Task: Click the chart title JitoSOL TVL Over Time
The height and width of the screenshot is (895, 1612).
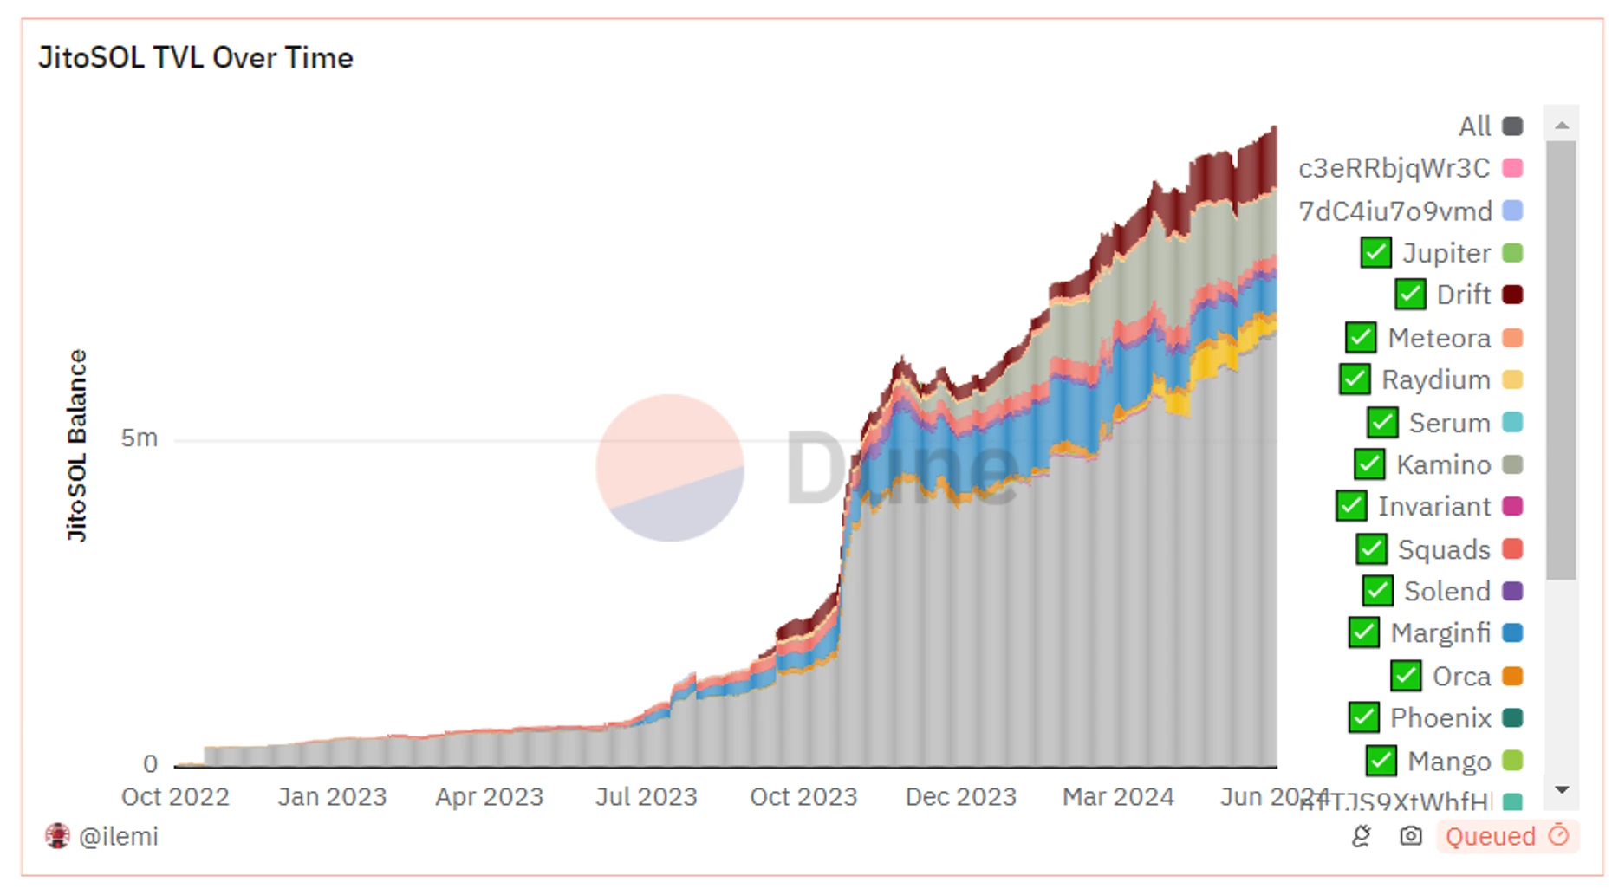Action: (x=196, y=58)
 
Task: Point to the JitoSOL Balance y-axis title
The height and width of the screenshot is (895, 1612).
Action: (x=77, y=445)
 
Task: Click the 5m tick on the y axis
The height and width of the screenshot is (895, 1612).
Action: (x=140, y=438)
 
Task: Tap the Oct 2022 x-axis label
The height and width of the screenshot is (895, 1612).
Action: (x=175, y=797)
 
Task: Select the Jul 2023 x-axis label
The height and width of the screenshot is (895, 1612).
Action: (x=647, y=797)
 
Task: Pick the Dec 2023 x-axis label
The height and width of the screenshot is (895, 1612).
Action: (x=960, y=797)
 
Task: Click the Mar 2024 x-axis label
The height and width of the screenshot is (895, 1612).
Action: (x=1118, y=797)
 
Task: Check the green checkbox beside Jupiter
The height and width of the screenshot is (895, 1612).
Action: (x=1375, y=253)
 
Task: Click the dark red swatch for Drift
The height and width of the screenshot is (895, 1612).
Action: (x=1512, y=295)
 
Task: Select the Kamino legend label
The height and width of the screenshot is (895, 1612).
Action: (x=1443, y=465)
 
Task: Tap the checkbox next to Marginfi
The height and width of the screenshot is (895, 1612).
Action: (x=1364, y=633)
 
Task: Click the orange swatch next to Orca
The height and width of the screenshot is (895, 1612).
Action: (x=1512, y=677)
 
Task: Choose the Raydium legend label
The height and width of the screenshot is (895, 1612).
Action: (x=1435, y=380)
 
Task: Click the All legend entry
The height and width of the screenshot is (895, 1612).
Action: (x=1475, y=126)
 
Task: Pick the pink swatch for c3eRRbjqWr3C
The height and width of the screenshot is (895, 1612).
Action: (x=1512, y=168)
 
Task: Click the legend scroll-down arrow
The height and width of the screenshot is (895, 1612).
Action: (x=1562, y=790)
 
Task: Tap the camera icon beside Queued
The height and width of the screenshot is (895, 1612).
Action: (x=1411, y=836)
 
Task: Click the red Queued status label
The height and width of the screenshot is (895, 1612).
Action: (x=1491, y=836)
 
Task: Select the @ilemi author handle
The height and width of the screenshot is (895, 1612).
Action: (x=118, y=836)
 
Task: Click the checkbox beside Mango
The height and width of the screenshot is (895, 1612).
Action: (x=1381, y=762)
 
